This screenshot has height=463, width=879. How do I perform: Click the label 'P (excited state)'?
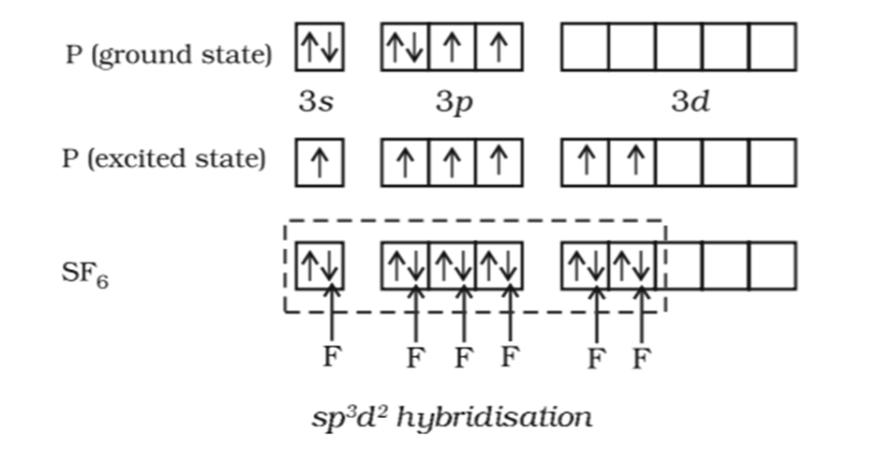pos(164,158)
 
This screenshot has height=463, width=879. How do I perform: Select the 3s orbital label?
pos(316,102)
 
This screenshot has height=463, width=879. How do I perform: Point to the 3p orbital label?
pos(453,103)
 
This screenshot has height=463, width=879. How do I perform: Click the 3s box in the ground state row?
pos(320,48)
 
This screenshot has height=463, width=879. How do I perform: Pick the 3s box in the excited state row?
pos(320,163)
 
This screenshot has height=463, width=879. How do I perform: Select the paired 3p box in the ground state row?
pos(405,48)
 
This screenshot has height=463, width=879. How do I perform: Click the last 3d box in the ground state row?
pos(772,48)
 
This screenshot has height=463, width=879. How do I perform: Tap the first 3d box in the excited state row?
pos(586,163)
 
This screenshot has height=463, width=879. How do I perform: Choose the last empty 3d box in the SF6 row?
pos(772,265)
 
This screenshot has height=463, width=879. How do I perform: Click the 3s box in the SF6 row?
pos(320,265)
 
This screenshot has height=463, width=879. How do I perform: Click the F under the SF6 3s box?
pos(330,357)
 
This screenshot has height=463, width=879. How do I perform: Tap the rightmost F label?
pos(641,359)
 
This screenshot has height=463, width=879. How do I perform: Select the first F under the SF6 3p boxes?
pos(415,358)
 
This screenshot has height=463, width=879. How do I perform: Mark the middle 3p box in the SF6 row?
pos(453,265)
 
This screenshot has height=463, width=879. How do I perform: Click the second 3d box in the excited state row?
pos(633,163)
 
